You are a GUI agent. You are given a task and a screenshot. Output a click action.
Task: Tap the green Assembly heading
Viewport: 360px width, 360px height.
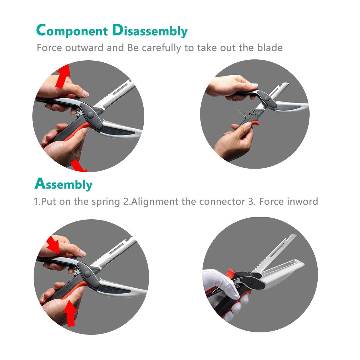tap(63, 184)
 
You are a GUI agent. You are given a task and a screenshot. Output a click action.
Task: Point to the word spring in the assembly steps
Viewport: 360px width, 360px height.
tap(106, 201)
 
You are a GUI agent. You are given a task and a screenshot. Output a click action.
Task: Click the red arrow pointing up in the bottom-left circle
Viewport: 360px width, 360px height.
tap(70, 312)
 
